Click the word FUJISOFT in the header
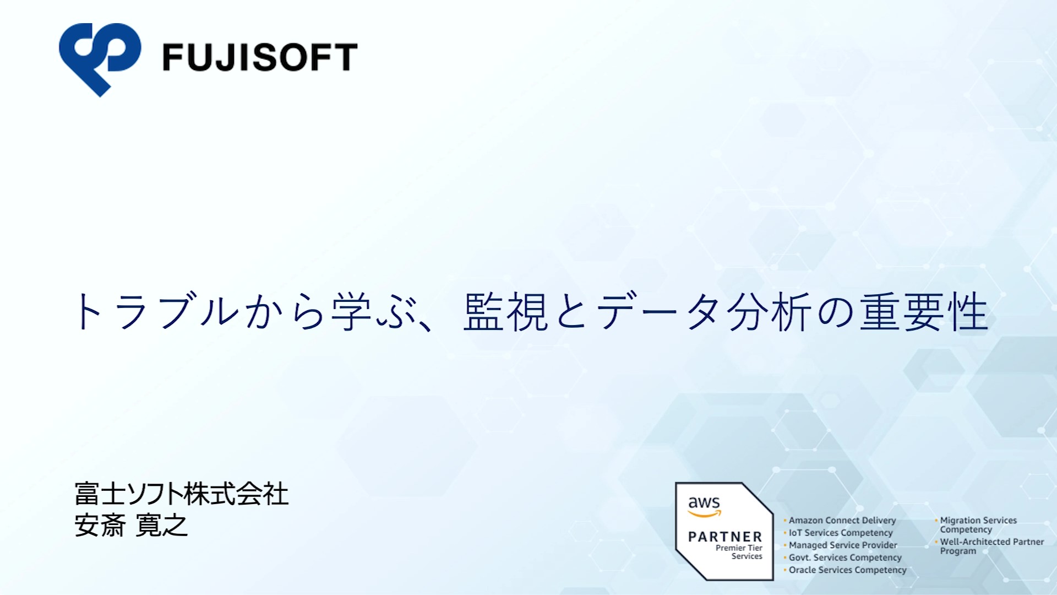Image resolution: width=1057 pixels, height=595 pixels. [260, 57]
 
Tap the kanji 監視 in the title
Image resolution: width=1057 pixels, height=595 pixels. [506, 312]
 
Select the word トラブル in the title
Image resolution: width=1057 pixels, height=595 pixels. [156, 312]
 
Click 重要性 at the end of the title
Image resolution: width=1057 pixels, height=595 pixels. [924, 312]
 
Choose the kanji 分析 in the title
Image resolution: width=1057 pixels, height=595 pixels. [770, 312]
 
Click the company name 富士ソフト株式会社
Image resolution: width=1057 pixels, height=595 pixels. [182, 494]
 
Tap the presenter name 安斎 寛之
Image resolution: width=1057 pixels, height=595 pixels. [131, 525]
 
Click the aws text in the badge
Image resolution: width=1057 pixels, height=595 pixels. [704, 502]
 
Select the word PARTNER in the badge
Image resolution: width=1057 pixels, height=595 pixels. [725, 537]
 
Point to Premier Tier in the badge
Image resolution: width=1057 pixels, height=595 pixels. [739, 548]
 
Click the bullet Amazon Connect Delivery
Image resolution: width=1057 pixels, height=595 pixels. [842, 521]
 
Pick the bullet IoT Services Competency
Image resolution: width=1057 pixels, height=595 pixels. [841, 533]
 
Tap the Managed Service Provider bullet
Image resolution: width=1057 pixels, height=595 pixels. [843, 545]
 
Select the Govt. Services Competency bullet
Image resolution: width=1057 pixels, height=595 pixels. [845, 558]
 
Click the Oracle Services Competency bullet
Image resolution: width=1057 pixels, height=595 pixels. [847, 570]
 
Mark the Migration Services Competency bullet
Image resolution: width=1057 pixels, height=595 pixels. [978, 525]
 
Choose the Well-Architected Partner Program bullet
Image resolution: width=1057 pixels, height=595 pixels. [992, 547]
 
